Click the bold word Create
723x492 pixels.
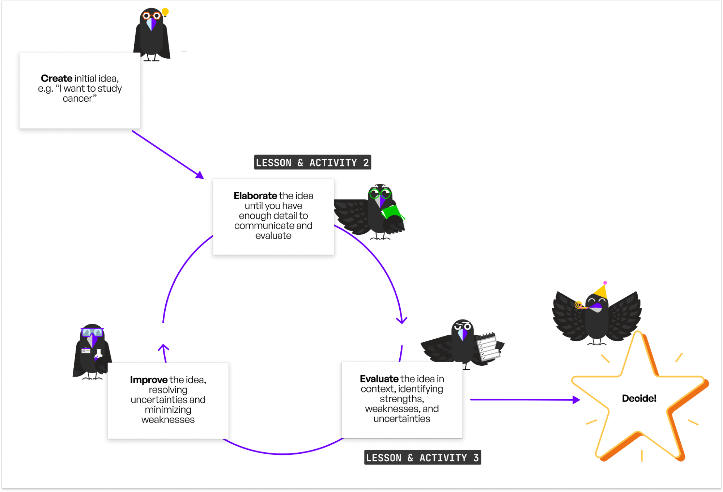(x=56, y=79)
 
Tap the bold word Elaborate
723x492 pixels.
(x=255, y=196)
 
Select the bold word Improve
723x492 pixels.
(x=149, y=380)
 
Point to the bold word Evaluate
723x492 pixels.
(x=379, y=379)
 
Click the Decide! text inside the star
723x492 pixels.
(x=639, y=398)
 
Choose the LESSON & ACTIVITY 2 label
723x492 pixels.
(x=312, y=162)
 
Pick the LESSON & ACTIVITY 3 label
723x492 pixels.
(x=422, y=458)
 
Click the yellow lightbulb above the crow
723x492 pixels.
(x=165, y=12)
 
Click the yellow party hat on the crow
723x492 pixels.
(x=601, y=291)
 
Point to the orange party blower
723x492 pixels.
(x=580, y=306)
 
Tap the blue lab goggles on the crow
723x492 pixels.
(x=92, y=332)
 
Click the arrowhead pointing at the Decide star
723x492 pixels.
(x=577, y=400)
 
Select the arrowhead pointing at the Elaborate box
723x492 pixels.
(x=200, y=175)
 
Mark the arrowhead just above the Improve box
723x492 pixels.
(x=163, y=348)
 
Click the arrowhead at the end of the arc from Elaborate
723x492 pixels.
(x=401, y=320)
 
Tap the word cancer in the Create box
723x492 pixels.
(x=77, y=99)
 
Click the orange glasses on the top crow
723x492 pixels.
(x=152, y=16)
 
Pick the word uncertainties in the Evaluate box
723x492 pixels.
(x=402, y=419)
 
